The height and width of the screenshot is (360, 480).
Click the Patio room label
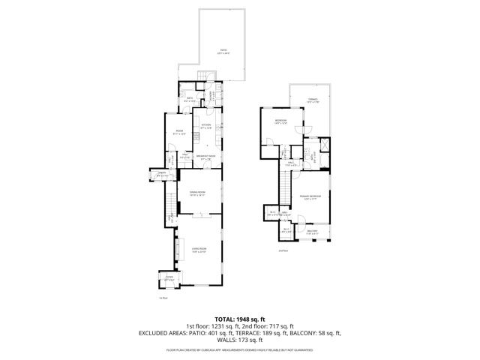tap(223, 52)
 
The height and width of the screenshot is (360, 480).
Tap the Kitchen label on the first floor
tap(205, 126)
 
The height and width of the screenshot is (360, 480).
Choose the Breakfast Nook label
tap(206, 157)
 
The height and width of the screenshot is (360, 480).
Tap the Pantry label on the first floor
tap(152, 175)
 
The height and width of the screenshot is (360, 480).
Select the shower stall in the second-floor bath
tap(323, 145)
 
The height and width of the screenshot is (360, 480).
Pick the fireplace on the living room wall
tap(178, 248)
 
